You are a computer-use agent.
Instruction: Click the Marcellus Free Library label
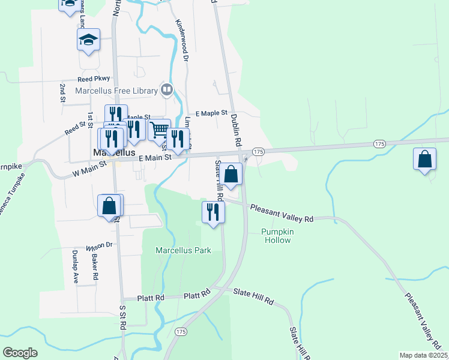[x=116, y=91]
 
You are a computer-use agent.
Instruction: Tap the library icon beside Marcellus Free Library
[x=166, y=91]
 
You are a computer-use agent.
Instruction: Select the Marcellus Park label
[x=183, y=250]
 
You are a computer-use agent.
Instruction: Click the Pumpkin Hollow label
[x=276, y=236]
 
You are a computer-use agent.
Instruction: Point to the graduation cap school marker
[x=88, y=41]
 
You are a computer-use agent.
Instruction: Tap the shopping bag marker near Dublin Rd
[x=231, y=175]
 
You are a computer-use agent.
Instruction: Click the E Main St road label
[x=155, y=157]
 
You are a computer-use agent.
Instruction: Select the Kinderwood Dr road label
[x=182, y=40]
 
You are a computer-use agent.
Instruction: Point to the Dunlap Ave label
[x=76, y=266]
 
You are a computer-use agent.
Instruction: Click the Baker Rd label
[x=95, y=267]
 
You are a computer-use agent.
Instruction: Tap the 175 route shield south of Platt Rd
[x=181, y=331]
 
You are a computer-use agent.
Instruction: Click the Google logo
[x=20, y=353]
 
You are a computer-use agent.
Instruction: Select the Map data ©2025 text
[x=424, y=355]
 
